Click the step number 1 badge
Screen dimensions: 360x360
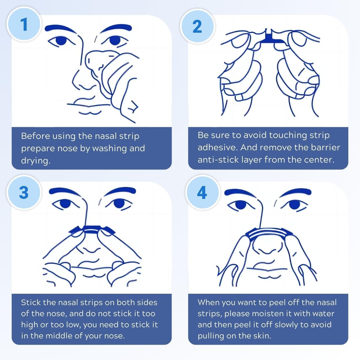24,24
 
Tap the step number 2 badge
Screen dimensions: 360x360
197,26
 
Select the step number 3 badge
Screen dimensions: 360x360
24,192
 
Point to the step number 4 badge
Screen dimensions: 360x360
202,192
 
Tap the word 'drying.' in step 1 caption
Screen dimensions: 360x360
36,161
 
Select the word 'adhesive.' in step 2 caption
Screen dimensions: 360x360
217,147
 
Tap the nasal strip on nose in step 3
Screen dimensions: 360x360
92,229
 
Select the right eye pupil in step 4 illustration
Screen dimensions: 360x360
294,204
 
